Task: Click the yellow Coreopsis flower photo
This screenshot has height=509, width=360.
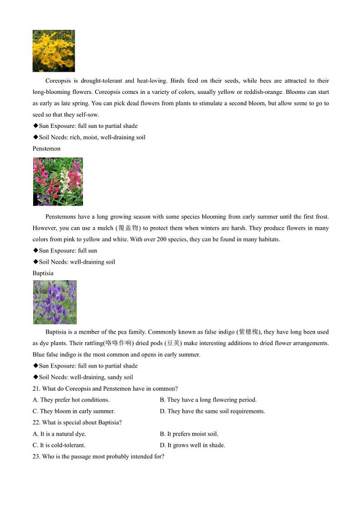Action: [54, 51]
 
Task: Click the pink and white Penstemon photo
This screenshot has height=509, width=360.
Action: [58, 181]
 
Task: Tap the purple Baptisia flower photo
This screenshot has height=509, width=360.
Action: [54, 302]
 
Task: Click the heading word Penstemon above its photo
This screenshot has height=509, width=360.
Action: [46, 149]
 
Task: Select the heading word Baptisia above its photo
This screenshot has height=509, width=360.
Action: [43, 273]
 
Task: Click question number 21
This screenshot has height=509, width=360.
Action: [36, 388]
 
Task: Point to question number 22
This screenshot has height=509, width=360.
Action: [36, 422]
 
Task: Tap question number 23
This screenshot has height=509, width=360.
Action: [36, 456]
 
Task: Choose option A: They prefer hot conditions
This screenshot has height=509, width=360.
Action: [71, 400]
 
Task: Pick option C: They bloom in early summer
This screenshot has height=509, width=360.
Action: [74, 411]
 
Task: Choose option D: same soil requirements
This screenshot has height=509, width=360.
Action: [212, 411]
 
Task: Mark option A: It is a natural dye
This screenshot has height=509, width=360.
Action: [59, 434]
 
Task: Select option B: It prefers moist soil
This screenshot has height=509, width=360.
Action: [189, 434]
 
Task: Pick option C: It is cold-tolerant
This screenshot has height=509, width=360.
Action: [59, 445]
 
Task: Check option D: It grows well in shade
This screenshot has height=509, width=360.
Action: [192, 445]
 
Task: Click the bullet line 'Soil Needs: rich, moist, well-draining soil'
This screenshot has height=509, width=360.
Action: [89, 137]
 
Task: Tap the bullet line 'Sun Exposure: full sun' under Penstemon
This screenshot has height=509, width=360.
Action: [65, 251]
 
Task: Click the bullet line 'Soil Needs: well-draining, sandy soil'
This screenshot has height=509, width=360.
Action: [83, 377]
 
